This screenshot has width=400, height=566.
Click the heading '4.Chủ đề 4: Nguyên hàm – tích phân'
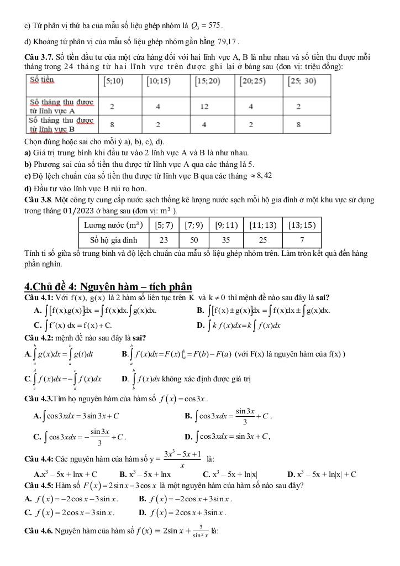(x=108, y=286)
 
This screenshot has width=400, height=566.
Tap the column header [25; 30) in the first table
(x=301, y=81)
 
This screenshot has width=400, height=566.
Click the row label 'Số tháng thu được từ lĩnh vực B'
(x=62, y=124)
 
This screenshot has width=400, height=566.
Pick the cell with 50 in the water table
(x=194, y=240)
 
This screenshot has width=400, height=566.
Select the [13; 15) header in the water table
(x=301, y=225)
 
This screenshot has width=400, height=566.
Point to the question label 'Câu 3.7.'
(x=40, y=57)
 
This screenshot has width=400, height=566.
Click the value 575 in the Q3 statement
(x=213, y=25)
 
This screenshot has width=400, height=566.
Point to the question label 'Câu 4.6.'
(x=39, y=531)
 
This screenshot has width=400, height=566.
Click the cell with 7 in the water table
(x=301, y=240)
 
